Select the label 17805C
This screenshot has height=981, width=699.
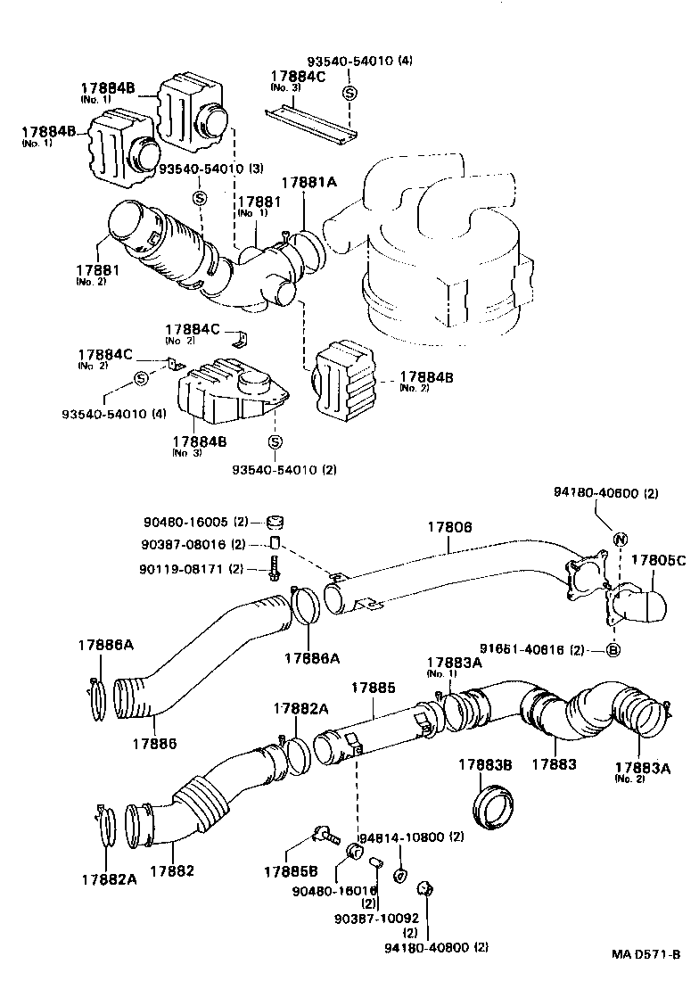[x=658, y=560]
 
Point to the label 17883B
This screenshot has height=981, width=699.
[x=485, y=765]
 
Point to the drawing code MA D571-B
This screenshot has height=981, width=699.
[x=646, y=953]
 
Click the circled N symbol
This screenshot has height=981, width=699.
[x=620, y=537]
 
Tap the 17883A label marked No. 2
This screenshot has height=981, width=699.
[x=641, y=767]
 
